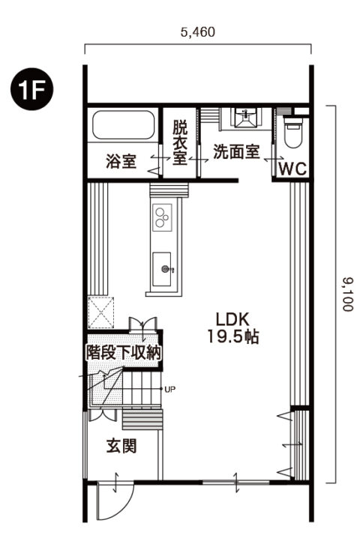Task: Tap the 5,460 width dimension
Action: [198, 32]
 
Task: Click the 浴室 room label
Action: [121, 161]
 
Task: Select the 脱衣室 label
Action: [180, 142]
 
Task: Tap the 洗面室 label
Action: [236, 152]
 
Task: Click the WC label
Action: [292, 169]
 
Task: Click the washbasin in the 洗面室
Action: [244, 116]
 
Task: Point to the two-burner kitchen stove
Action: [162, 217]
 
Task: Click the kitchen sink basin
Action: [163, 268]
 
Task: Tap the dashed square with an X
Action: [100, 312]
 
